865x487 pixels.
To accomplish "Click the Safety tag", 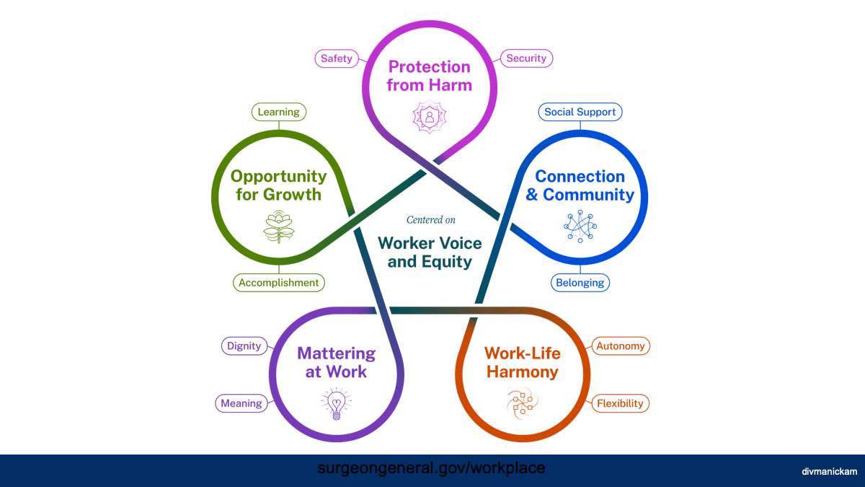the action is coord(337,58).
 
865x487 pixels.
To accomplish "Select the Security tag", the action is coord(526,58).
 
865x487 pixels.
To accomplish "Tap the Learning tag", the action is coord(278,112).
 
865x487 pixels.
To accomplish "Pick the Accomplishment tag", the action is coord(278,283).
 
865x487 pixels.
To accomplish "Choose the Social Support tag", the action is coord(580,112).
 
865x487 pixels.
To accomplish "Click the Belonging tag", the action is coord(580,283).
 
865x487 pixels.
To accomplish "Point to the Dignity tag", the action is coord(244,346).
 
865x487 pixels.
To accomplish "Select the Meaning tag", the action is coord(241,403).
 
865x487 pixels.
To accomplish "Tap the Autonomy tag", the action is coord(620,346).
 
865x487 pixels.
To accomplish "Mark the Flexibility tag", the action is coord(620,403).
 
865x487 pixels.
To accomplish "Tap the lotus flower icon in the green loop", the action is coord(278,227).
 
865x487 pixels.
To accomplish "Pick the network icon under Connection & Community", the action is coord(580,227).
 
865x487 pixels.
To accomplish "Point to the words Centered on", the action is coord(430,219).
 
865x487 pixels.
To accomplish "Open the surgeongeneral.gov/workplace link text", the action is coord(431,468).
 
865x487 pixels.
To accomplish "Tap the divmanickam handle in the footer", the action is coord(829,471).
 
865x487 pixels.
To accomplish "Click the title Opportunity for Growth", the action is coord(278,185).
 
